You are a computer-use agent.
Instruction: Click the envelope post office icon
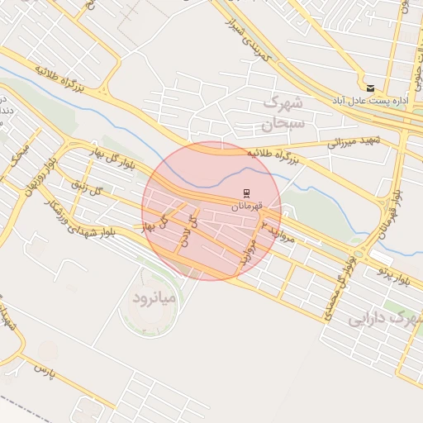[x=369, y=88]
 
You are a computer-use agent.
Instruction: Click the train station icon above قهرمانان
[x=245, y=193]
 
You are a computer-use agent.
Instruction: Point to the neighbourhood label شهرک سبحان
[x=283, y=113]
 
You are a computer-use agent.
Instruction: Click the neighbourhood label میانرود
[x=155, y=295]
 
